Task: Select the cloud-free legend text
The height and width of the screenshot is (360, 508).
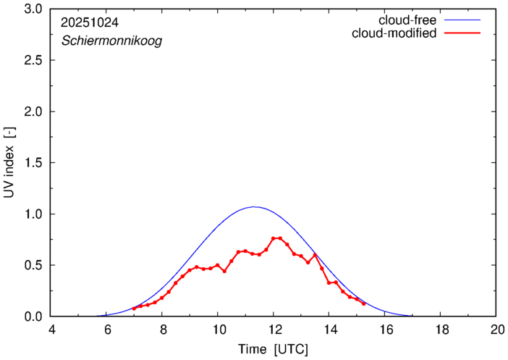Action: point(407,20)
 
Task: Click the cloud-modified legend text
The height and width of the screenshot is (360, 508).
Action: point(394,33)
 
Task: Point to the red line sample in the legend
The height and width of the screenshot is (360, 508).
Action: point(466,33)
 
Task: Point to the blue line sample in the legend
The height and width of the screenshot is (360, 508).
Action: point(466,20)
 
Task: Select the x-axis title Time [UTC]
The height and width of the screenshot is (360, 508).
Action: point(274,349)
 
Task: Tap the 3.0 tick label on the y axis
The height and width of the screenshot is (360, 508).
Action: point(33,9)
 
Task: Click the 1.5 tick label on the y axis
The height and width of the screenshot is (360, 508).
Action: point(33,163)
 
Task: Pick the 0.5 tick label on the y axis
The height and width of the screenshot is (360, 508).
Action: point(33,265)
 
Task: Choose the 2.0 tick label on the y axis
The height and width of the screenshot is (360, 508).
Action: point(33,112)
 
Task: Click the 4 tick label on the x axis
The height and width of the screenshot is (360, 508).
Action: point(51,330)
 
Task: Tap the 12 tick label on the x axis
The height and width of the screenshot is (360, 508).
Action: point(274,330)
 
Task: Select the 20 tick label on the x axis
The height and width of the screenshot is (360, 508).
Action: point(496,330)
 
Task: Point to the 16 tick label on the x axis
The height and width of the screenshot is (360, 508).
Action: point(385,330)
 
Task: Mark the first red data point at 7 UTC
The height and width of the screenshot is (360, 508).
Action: point(134,309)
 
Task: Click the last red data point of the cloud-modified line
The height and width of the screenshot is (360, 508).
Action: point(363,304)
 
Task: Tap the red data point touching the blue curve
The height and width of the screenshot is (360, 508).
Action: point(315,254)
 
